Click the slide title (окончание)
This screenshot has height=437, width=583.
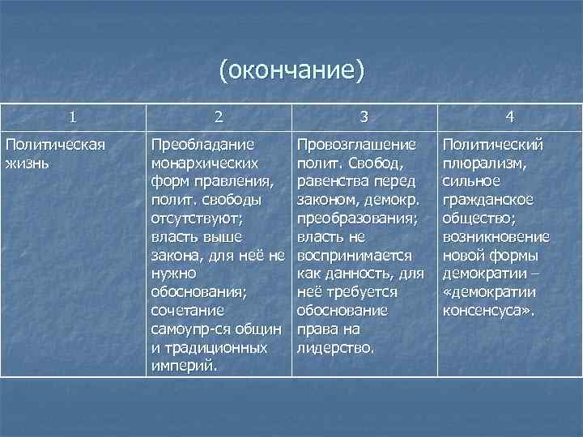291,70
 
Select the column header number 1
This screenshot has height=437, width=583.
74,117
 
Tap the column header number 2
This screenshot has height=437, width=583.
219,117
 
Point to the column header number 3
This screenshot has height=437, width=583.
364,117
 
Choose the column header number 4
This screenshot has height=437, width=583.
509,117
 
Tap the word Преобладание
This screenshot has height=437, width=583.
202,144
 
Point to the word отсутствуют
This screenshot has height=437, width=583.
198,218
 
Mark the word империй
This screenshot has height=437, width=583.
183,367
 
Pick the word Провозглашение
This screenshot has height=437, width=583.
357,144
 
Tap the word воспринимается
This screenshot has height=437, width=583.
355,256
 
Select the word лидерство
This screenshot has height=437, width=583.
334,348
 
